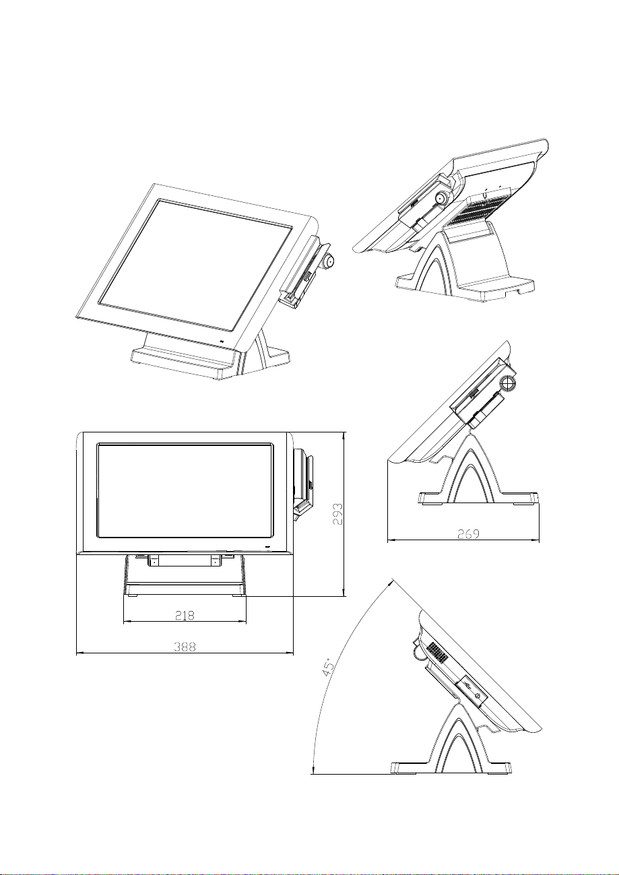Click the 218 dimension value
185,615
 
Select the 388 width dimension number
185,646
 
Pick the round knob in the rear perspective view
441,199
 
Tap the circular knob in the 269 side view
509,383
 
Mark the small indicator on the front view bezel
267,546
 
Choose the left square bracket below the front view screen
154,560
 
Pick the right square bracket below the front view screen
216,560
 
